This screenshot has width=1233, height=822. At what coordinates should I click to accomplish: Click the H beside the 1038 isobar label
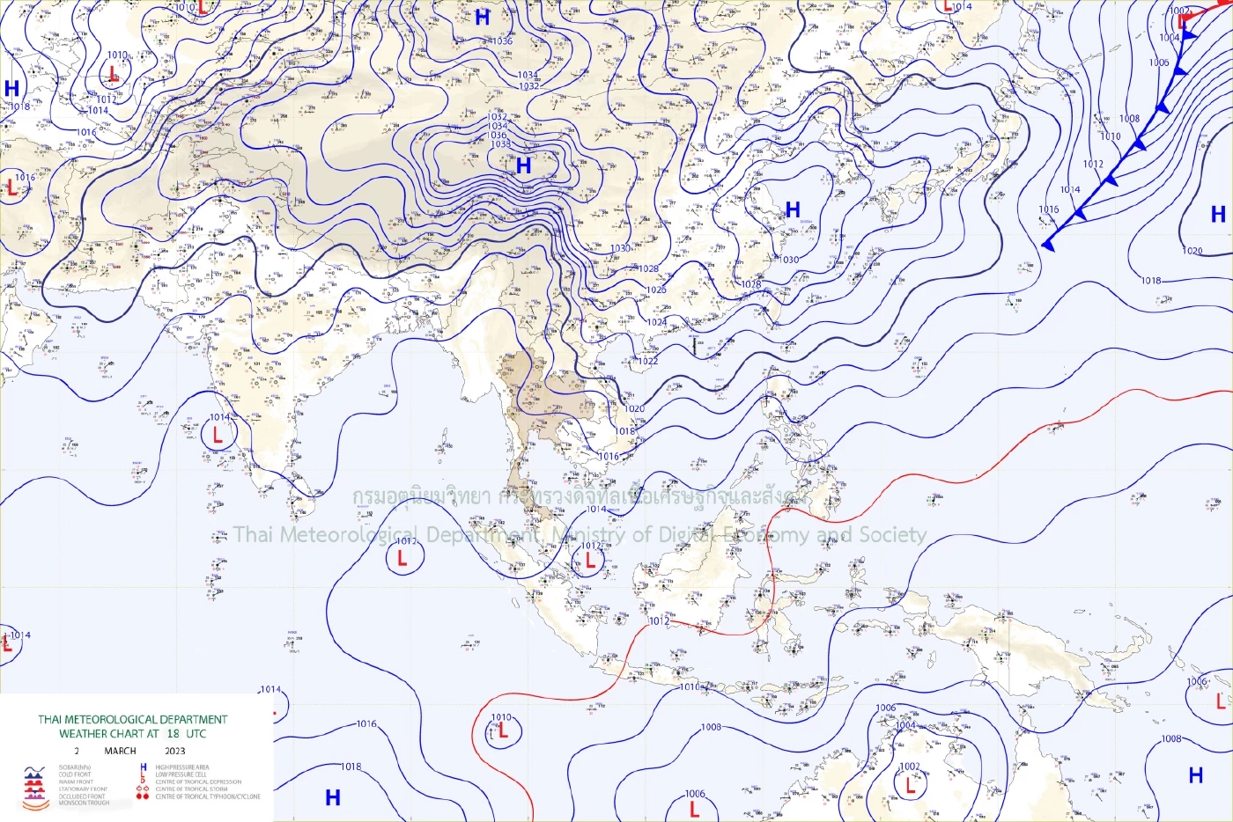point(524,165)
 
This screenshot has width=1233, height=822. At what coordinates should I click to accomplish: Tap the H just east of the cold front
point(1218,214)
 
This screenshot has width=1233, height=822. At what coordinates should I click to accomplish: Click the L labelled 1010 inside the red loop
point(503,730)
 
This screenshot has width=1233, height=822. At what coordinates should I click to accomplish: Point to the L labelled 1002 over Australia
point(911,786)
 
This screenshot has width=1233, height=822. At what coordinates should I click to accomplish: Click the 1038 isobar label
point(499,144)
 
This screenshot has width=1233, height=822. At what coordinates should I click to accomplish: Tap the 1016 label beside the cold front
point(1048,210)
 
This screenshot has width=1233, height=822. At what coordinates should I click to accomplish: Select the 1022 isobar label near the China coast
point(647,361)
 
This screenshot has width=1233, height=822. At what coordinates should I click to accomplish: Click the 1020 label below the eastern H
point(1192,251)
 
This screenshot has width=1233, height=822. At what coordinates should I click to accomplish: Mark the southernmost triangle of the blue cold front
point(1047,245)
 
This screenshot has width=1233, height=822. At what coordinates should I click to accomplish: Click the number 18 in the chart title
point(173,733)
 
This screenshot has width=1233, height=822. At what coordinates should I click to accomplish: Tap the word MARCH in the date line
point(120,751)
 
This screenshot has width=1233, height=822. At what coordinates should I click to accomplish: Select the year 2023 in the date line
point(175,751)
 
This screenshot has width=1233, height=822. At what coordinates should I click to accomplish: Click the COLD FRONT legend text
point(75,774)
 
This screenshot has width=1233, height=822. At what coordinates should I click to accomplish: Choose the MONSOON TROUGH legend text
point(84,803)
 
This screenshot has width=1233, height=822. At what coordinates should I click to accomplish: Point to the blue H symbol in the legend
point(144,767)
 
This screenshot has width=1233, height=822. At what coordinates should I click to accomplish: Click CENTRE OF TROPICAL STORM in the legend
point(191,789)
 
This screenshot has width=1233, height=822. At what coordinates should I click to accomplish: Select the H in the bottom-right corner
point(1195,775)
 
